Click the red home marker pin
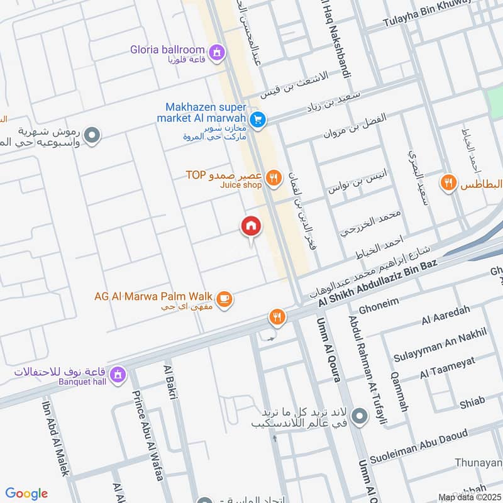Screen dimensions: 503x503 tap(251, 226)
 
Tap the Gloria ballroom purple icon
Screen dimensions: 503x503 tap(217, 52)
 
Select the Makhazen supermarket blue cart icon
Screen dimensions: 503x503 tap(257, 119)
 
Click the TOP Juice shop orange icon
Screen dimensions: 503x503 tap(273, 178)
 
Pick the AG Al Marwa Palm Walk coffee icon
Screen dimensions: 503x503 tap(225, 299)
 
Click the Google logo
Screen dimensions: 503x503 tap(26, 494)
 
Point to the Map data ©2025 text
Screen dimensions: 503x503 tap(468, 497)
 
